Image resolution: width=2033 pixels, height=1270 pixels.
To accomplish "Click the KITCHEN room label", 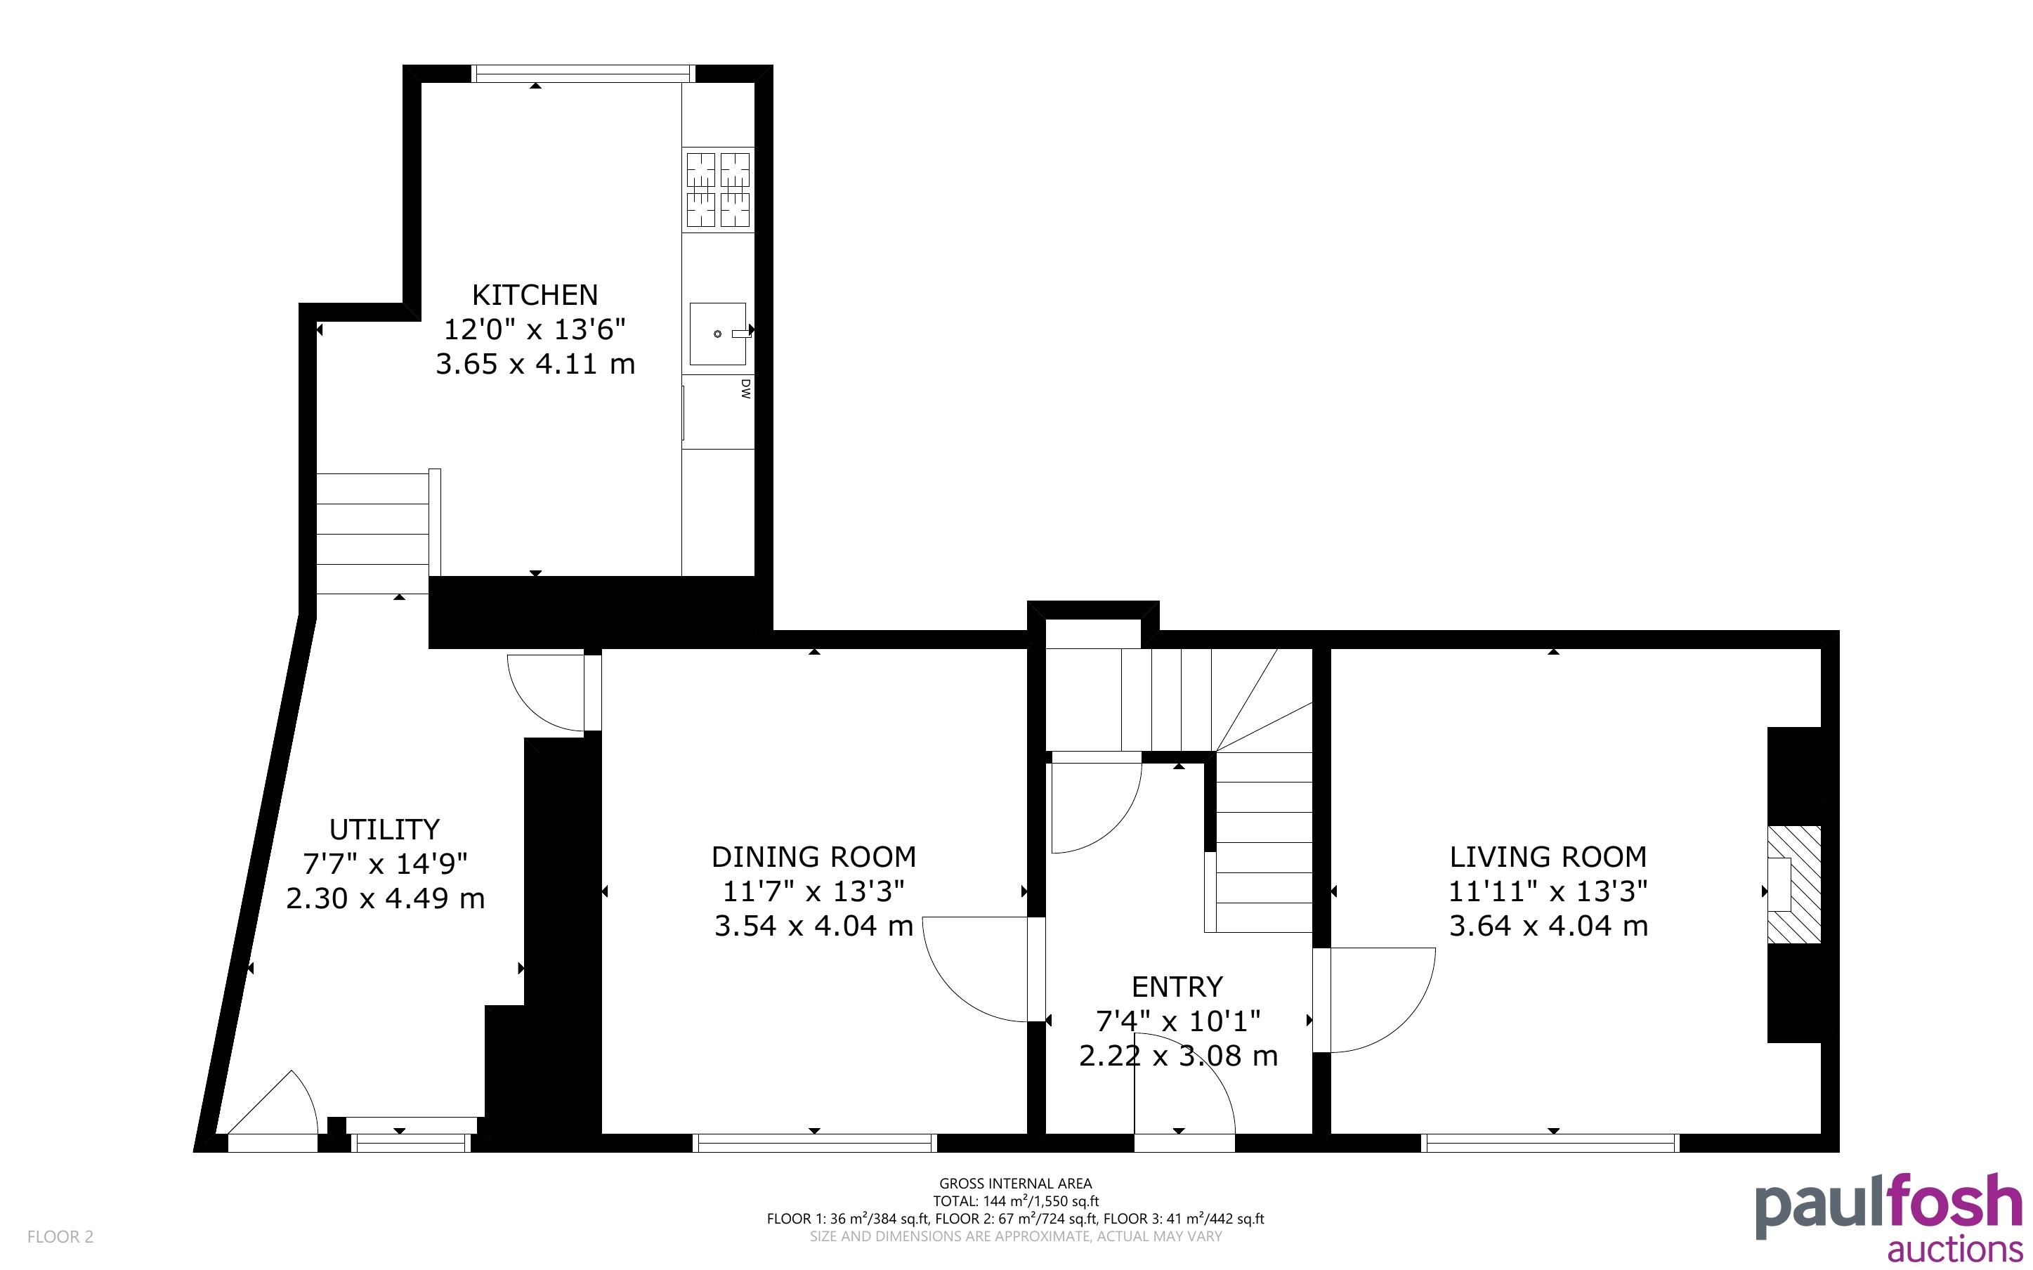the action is coord(535,295).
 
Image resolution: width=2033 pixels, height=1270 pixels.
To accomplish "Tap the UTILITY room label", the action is coord(384,829).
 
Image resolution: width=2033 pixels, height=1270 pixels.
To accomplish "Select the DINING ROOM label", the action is coord(813,857).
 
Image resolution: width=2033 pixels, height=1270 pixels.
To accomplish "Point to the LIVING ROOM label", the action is coord(1548,857).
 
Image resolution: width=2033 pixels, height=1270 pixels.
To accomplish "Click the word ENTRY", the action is coord(1177,986).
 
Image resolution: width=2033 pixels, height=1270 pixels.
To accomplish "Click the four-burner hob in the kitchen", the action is coord(718,190).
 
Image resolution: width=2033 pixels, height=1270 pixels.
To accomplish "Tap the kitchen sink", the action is coord(719,334).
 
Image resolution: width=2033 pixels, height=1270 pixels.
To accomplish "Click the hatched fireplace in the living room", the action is coord(1795,884).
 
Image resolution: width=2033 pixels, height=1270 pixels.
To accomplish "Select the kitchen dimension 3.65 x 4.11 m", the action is coord(535,365).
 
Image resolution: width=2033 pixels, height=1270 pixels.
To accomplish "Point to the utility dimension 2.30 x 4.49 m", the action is coord(386,898).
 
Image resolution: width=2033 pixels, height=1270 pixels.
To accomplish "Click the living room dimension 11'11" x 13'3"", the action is coord(1548,891).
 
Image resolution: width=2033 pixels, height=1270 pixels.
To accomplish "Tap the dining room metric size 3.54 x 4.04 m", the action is coord(813,926).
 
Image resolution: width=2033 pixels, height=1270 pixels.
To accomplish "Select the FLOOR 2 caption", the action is coord(60,1236).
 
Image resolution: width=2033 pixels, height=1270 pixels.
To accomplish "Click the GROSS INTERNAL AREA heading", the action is coord(1015,1184).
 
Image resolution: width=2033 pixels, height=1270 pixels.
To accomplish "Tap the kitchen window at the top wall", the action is coord(583,74).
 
